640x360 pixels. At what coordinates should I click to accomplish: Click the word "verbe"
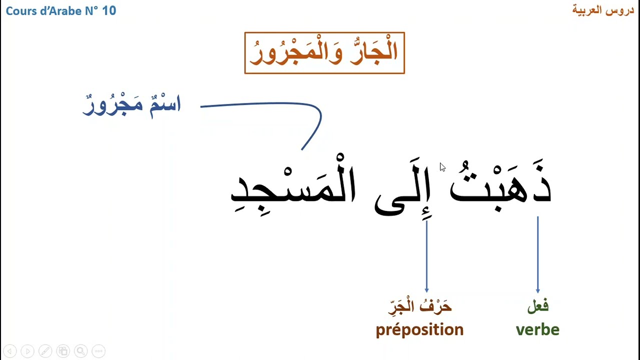[x=537, y=329]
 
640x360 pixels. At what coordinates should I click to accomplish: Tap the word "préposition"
[x=419, y=329]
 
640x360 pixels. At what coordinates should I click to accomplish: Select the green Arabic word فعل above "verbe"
[x=538, y=306]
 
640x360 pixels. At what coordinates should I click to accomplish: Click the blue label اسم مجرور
[x=131, y=105]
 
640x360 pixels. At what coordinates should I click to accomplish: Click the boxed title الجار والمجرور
[x=324, y=53]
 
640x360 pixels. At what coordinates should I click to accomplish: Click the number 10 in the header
[x=109, y=10]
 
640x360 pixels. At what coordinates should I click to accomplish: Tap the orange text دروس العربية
[x=603, y=10]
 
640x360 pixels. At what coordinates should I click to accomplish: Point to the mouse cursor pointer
[x=442, y=167]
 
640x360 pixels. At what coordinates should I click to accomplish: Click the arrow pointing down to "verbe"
[x=538, y=255]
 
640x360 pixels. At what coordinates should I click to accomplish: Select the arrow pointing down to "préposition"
[x=426, y=255]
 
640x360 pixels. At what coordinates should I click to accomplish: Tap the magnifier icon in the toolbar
[x=80, y=351]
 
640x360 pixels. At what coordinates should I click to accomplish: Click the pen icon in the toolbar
[x=45, y=351]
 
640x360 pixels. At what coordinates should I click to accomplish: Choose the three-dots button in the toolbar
[x=98, y=351]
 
